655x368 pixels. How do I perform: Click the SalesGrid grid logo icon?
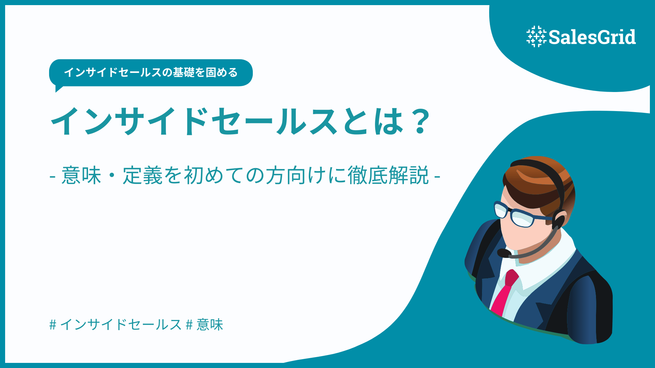[x=536, y=36]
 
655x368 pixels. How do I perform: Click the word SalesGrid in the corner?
[x=592, y=37]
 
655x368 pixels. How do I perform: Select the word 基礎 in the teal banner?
[x=184, y=73]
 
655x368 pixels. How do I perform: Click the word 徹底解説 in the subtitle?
[x=388, y=175]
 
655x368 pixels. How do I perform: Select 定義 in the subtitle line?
[x=143, y=175]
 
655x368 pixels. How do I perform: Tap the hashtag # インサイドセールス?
[x=115, y=324]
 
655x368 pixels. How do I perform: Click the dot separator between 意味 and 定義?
[x=112, y=176]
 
